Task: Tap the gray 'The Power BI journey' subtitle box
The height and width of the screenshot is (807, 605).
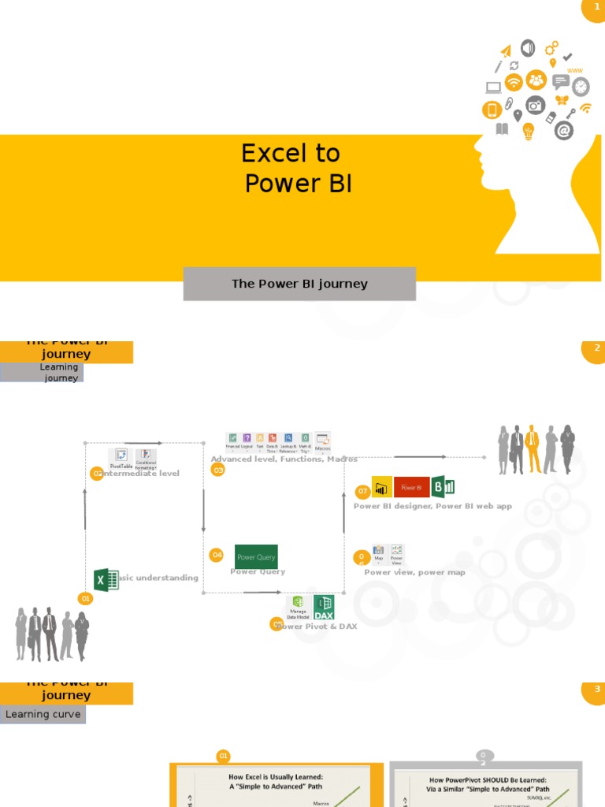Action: coord(299,284)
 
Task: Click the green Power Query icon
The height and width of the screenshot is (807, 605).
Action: coord(256,556)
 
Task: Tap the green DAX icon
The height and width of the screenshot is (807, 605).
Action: coord(324,607)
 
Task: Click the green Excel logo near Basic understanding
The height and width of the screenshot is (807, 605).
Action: coord(106,580)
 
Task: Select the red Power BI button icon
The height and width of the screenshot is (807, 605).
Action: coord(411,487)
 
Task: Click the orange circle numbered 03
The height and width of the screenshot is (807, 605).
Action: coord(218,470)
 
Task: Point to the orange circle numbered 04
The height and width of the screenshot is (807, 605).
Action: coord(217,555)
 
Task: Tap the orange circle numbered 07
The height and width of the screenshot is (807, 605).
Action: coord(362,491)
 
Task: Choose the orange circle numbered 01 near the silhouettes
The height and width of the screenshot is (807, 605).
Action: coord(85,599)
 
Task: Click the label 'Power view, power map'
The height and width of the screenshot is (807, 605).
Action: coord(414,573)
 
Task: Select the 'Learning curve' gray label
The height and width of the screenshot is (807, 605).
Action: coord(43,715)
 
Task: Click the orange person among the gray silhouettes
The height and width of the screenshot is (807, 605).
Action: coord(533,448)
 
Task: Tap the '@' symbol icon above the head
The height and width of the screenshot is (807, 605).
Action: coord(563,131)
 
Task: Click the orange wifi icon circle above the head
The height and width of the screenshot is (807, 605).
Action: coord(514,82)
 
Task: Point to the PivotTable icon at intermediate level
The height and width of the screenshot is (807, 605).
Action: coord(121,457)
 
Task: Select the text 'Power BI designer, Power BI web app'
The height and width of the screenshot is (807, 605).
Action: coord(432,506)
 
